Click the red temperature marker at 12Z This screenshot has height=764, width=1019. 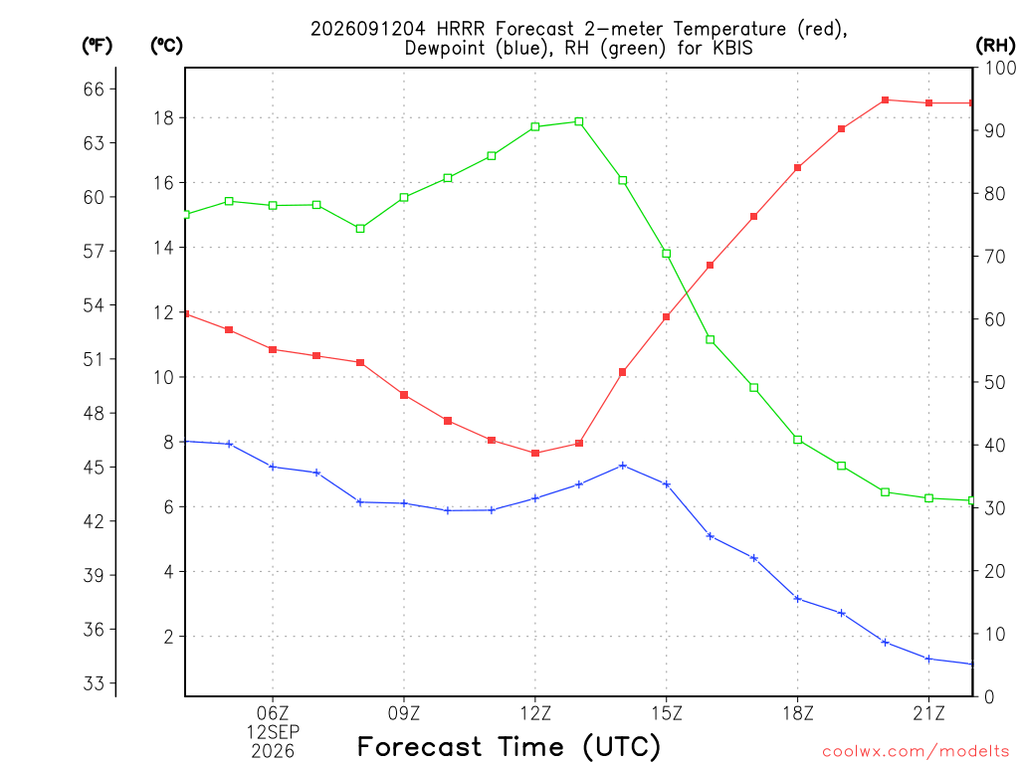(x=535, y=453)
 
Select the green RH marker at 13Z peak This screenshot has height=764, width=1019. (x=579, y=121)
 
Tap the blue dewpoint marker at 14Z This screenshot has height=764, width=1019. (x=623, y=466)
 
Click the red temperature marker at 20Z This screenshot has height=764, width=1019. (x=885, y=100)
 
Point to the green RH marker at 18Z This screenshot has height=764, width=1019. (x=798, y=440)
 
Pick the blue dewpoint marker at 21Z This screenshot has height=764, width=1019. (x=928, y=659)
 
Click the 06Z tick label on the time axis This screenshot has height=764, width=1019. (x=273, y=713)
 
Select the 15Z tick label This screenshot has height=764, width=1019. (x=667, y=713)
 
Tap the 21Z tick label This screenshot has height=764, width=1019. (x=928, y=713)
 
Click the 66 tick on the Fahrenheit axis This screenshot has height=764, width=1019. (x=94, y=89)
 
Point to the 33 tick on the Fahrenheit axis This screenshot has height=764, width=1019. (x=94, y=683)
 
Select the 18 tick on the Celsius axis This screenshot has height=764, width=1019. (x=164, y=117)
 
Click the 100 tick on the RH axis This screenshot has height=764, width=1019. (x=1001, y=68)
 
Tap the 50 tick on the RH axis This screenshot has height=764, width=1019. (x=995, y=382)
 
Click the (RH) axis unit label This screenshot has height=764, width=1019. (x=995, y=45)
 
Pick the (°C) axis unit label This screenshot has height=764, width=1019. (x=167, y=45)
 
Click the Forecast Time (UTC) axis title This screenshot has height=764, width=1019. (x=509, y=746)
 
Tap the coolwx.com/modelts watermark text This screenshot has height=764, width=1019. (x=916, y=751)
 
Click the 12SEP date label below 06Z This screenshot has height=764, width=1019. (x=273, y=732)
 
